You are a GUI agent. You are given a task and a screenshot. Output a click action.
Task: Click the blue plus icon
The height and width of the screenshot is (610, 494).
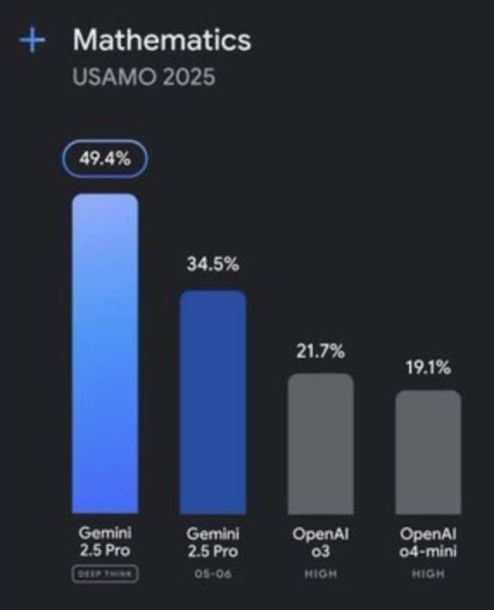coord(32,40)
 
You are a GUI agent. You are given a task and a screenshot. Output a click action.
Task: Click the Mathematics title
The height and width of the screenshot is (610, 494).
coord(162,40)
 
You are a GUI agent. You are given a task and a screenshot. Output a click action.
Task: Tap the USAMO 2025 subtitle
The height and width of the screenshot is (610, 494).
coord(144,77)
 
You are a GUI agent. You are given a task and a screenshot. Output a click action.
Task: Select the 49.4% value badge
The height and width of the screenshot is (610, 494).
coord(105,159)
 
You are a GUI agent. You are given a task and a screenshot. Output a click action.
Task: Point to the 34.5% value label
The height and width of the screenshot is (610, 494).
coord(212,264)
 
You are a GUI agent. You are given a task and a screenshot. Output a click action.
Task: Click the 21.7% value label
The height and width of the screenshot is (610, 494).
coord(320,352)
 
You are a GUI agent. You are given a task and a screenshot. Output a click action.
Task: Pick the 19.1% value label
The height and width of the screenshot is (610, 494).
coord(428,367)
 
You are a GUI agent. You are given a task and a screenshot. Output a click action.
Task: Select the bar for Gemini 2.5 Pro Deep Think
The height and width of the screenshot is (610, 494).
coord(105,353)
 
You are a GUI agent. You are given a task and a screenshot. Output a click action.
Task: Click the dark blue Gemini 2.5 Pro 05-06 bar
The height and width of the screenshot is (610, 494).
coord(212,403)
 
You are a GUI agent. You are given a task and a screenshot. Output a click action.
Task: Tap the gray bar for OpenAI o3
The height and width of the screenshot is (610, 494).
coord(320,444)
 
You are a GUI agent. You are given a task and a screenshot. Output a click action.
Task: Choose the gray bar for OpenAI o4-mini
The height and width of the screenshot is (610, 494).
coord(428,452)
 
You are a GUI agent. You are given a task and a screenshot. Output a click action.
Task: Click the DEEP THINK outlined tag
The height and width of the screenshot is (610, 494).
coord(105,574)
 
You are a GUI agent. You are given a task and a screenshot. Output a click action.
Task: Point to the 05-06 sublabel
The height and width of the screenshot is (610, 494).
coord(212,574)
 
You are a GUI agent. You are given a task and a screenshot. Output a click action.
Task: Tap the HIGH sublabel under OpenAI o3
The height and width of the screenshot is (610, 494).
coord(320,574)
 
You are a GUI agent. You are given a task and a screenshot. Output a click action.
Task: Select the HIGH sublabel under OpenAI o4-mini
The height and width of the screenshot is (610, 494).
coord(428,574)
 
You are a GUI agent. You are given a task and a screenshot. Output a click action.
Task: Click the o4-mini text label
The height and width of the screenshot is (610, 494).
coord(428,551)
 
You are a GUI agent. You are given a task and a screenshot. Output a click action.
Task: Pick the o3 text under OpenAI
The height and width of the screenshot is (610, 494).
coord(320,551)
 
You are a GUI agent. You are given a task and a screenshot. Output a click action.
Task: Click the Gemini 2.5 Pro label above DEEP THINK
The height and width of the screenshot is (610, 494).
coord(105,542)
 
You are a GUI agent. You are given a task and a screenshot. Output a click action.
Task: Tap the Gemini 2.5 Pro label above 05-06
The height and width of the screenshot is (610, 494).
coord(212,543)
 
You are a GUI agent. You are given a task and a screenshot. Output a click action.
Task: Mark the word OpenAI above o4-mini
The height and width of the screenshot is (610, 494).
coord(428,534)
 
